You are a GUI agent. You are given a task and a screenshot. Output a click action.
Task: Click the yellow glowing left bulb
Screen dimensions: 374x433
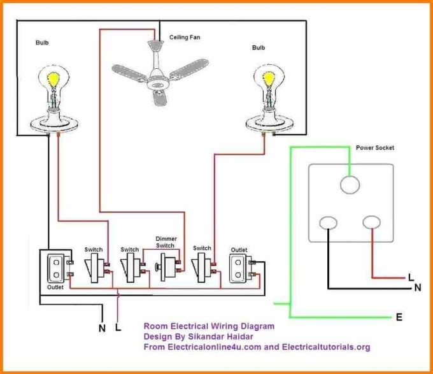(x=53, y=82)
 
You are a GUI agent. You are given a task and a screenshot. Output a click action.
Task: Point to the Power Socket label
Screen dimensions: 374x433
(x=374, y=148)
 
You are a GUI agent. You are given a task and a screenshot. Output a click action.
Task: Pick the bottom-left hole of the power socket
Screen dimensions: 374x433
(x=329, y=223)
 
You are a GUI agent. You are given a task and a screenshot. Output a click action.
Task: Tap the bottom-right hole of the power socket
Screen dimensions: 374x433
(x=371, y=223)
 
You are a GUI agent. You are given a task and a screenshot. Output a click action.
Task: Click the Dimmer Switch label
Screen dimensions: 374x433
(x=166, y=242)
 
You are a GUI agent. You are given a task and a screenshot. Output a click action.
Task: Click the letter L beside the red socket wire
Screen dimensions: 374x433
(x=411, y=277)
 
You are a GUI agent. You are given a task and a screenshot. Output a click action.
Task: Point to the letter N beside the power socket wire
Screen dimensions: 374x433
(x=418, y=287)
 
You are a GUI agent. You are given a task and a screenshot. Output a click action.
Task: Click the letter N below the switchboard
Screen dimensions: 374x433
(x=101, y=329)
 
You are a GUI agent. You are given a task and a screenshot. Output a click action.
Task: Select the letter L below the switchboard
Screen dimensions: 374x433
(x=118, y=329)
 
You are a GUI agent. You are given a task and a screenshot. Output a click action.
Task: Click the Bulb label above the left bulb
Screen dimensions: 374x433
(x=41, y=43)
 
